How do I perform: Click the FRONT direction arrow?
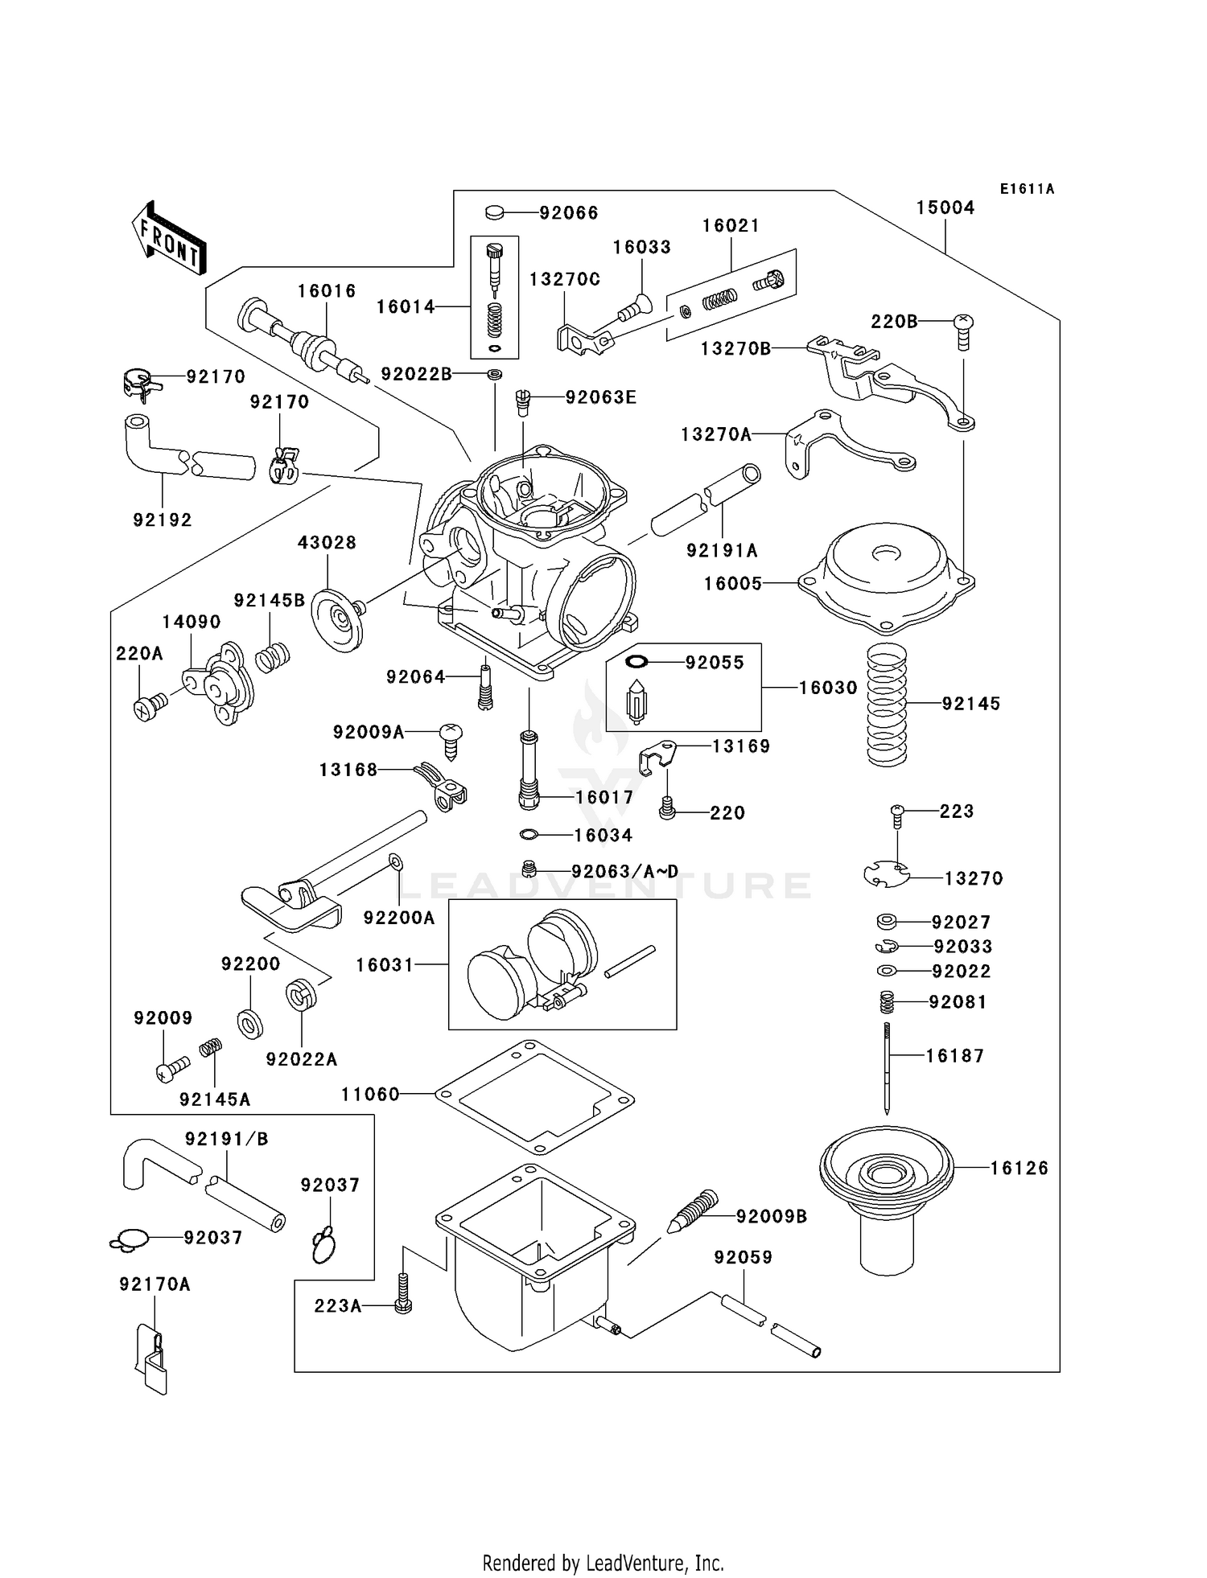point(168,238)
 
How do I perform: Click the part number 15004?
point(945,208)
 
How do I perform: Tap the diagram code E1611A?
point(1027,189)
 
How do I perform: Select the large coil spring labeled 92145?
point(887,705)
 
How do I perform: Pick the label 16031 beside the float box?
point(385,964)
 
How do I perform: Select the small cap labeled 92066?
point(494,212)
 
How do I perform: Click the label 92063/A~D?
point(624,871)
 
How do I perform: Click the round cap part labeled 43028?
point(337,620)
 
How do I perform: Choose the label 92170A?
point(154,1284)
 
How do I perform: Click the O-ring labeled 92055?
point(636,662)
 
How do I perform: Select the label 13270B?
point(735,348)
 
